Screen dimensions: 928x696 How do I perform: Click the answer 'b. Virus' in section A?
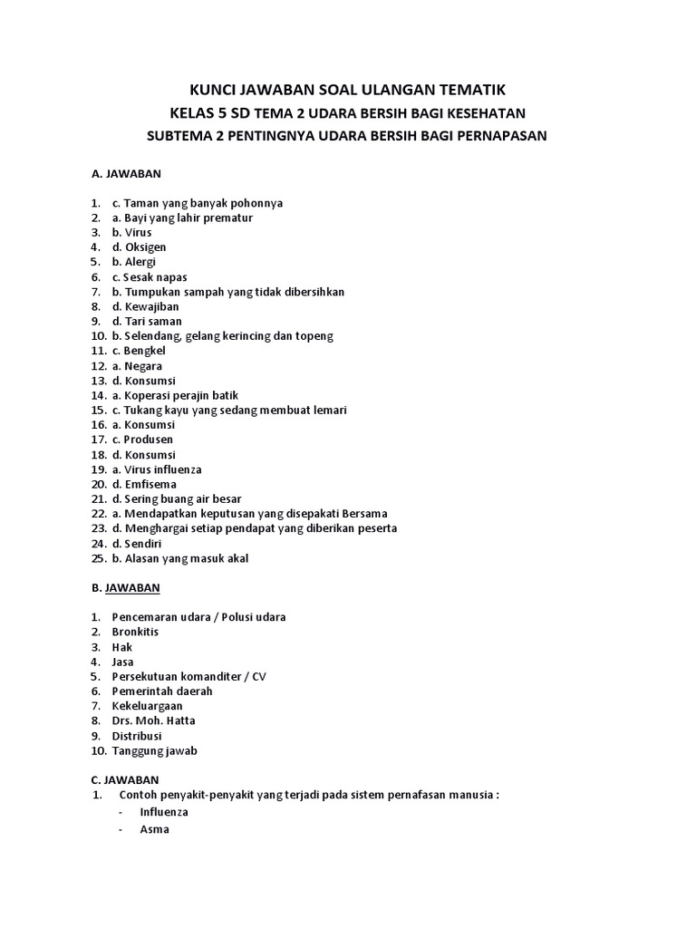[132, 232]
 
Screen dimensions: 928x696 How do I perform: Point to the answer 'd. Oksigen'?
[139, 246]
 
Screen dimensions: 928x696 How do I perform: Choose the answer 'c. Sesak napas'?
[150, 276]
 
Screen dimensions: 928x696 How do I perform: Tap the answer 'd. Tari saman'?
[147, 321]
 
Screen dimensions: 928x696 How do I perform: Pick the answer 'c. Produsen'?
[142, 440]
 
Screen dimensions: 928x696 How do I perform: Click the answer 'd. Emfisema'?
[143, 484]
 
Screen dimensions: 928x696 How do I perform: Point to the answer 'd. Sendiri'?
[140, 543]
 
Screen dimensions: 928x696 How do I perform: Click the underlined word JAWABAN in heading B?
[132, 587]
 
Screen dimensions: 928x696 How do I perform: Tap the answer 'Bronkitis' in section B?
[135, 632]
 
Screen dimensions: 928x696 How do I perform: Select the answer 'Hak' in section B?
[122, 647]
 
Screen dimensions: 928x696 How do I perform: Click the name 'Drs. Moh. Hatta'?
[153, 720]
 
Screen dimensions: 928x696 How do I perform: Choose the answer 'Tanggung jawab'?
[154, 750]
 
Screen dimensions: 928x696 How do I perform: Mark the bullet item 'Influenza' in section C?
[164, 812]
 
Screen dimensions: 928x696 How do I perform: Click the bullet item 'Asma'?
[154, 828]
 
